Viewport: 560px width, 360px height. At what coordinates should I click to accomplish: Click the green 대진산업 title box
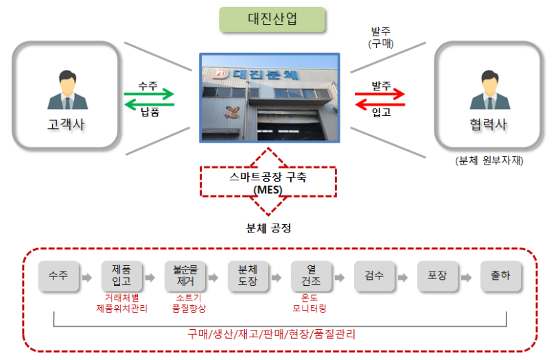pos(272,19)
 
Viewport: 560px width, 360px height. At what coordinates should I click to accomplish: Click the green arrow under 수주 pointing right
pos(149,95)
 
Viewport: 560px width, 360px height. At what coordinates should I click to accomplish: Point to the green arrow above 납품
pos(149,104)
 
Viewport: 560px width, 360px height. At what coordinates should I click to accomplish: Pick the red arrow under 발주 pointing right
pos(380,95)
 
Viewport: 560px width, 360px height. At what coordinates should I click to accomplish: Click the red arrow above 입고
pos(380,104)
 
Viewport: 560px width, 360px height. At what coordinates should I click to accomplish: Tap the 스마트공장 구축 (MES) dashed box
pos(268,182)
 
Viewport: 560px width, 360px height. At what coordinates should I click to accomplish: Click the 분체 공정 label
pos(268,228)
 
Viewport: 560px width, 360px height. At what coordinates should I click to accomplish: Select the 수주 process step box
pos(58,276)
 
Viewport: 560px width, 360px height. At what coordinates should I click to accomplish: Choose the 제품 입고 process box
pos(121,276)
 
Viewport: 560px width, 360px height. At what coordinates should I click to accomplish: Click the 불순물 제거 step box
pos(185,276)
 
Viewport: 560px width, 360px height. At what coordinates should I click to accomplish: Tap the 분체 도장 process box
pos(247,276)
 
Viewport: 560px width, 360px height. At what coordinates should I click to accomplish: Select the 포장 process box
pos(437,276)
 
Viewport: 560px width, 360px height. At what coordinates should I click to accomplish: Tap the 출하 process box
pos(500,276)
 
